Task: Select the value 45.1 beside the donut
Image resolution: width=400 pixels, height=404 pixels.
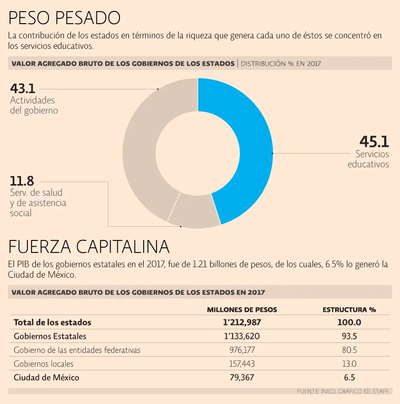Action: click(x=374, y=142)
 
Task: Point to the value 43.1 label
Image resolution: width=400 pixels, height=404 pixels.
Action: click(x=23, y=88)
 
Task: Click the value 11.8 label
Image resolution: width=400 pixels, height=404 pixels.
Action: click(x=22, y=181)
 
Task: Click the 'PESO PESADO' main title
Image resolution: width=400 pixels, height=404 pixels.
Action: click(x=64, y=18)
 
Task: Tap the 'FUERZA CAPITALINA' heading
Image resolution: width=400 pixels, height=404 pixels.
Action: click(x=89, y=246)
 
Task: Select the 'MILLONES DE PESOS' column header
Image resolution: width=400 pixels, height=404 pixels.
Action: click(x=242, y=310)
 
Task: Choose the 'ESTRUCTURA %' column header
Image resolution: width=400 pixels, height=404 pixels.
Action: click(x=349, y=310)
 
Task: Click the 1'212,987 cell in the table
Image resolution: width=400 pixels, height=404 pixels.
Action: click(x=242, y=322)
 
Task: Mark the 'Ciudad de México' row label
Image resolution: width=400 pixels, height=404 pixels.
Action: click(x=46, y=377)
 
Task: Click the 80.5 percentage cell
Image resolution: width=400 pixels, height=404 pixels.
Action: click(x=349, y=350)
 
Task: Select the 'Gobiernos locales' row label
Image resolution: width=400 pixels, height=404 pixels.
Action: click(x=44, y=363)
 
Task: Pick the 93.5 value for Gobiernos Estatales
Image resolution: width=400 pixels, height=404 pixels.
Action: click(x=349, y=336)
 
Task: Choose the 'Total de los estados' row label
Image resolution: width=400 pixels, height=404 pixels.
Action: click(x=53, y=322)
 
